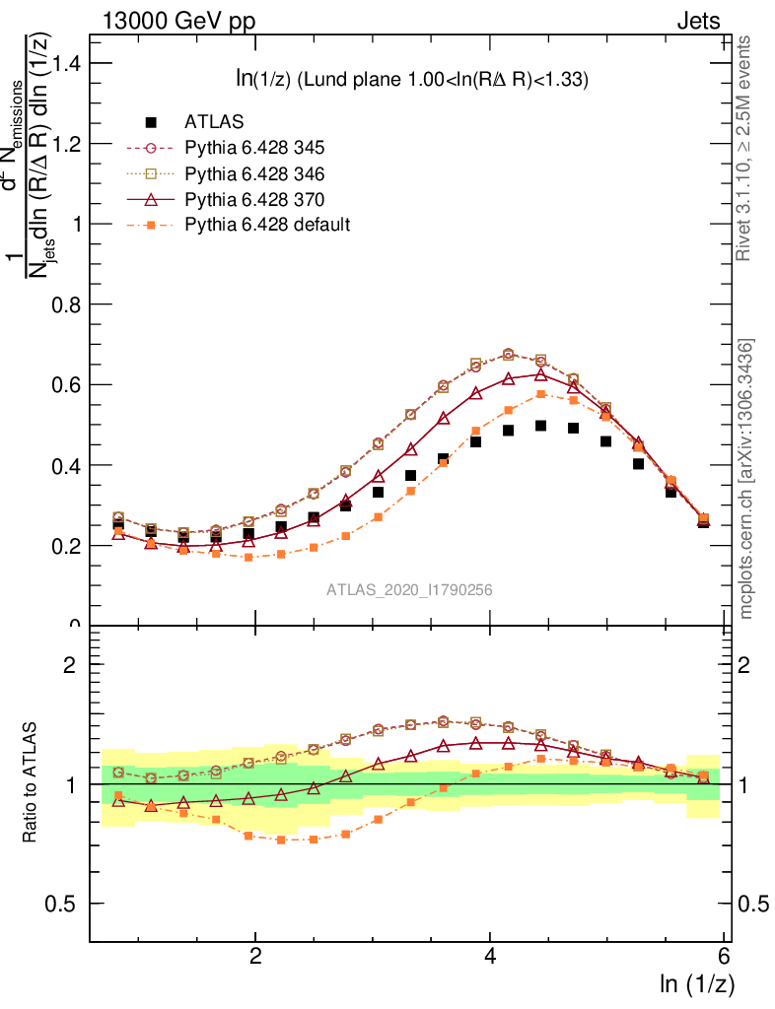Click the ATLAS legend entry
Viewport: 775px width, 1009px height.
[x=214, y=122]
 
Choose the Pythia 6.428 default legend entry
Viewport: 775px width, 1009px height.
[x=266, y=225]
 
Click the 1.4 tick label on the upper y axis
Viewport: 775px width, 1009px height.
[x=68, y=63]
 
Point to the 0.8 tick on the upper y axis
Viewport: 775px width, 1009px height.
[x=68, y=304]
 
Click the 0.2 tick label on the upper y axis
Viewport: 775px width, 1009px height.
[x=68, y=545]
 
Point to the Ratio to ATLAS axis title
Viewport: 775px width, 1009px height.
[x=32, y=783]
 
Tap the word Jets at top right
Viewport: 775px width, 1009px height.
[x=697, y=22]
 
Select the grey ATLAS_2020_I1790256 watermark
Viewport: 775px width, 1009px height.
[x=409, y=590]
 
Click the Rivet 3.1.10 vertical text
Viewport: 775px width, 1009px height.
[x=744, y=148]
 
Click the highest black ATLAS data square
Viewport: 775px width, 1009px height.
[x=540, y=426]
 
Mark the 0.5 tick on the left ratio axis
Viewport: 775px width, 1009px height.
[x=68, y=904]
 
